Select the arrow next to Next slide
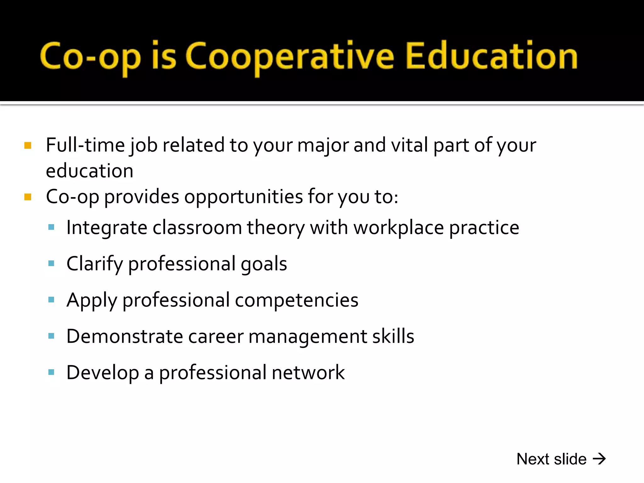tap(599, 459)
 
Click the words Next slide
tap(552, 459)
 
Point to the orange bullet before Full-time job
tap(28, 145)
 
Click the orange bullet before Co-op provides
tap(28, 197)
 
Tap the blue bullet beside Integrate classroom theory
tap(51, 227)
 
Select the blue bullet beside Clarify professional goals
tap(51, 263)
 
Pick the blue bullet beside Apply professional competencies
tap(51, 300)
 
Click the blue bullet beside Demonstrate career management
tap(51, 336)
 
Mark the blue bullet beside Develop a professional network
tap(51, 372)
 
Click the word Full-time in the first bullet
tap(85, 145)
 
